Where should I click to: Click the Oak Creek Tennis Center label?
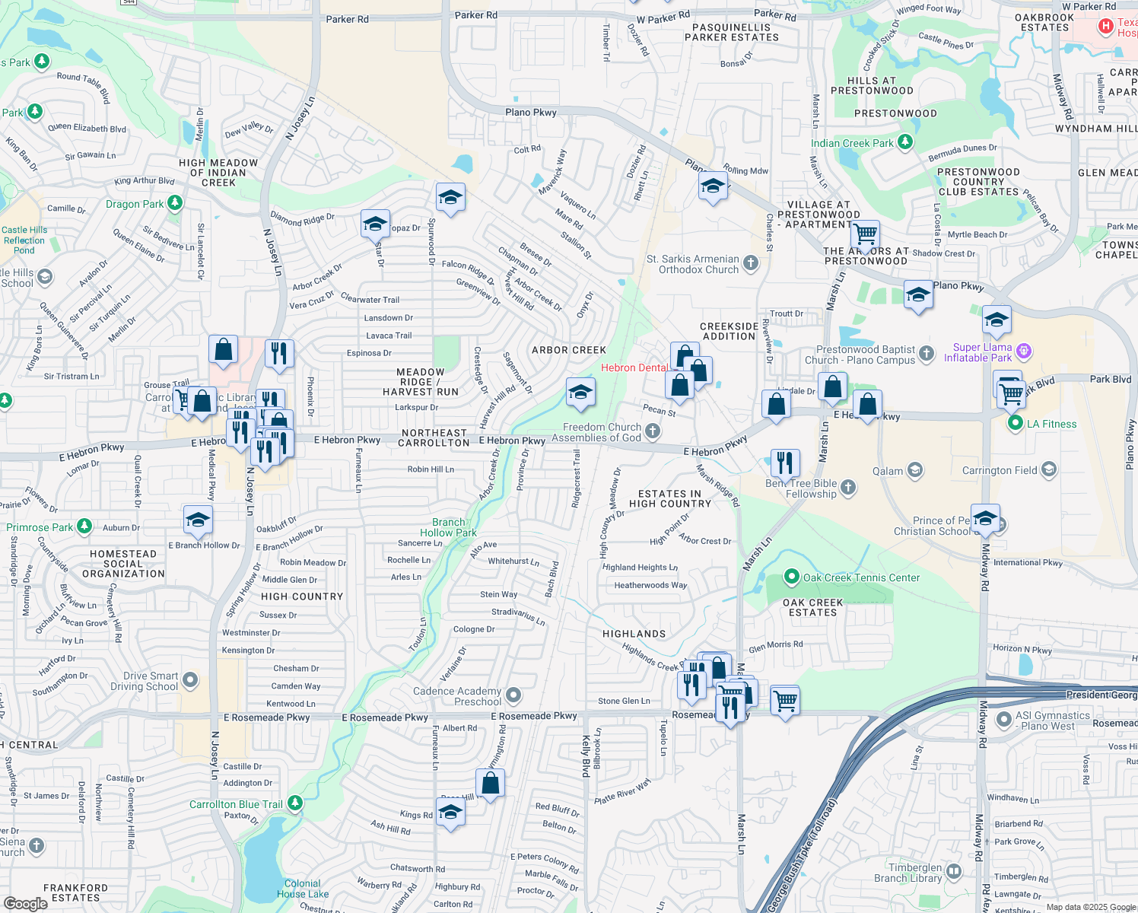click(x=861, y=577)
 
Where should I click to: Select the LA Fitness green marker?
click(x=1015, y=424)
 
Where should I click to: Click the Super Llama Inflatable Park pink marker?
click(x=1024, y=351)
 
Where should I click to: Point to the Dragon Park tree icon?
click(x=175, y=203)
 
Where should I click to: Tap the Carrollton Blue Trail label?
click(x=236, y=804)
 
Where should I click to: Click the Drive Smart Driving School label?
click(x=151, y=681)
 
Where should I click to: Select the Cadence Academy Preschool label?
click(x=457, y=696)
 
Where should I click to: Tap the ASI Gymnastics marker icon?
click(x=1003, y=719)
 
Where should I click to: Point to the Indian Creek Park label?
click(x=852, y=143)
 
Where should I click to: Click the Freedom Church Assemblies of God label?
click(x=602, y=432)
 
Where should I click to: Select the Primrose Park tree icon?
click(x=84, y=526)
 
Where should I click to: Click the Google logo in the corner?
click(x=26, y=904)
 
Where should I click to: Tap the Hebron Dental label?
click(x=634, y=367)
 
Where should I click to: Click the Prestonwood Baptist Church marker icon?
click(x=926, y=353)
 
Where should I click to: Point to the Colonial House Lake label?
click(x=303, y=889)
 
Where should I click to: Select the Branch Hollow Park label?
click(x=448, y=527)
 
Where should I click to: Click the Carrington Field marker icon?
click(x=1049, y=469)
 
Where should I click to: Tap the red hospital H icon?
click(x=1105, y=27)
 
